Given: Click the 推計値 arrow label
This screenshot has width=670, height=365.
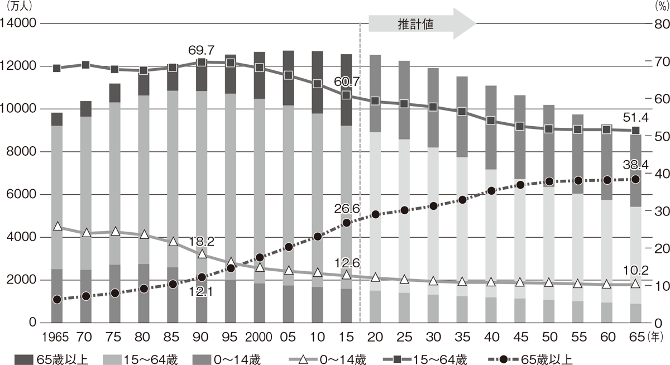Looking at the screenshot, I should click(416, 24).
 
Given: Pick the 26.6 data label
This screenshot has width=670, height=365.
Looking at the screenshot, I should click(346, 208).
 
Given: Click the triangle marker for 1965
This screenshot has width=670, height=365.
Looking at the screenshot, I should click(56, 226).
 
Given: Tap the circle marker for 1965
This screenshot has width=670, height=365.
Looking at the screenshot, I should click(56, 300).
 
